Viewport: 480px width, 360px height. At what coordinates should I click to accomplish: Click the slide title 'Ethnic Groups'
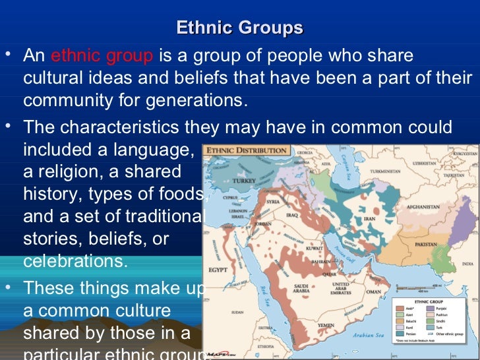click(240, 28)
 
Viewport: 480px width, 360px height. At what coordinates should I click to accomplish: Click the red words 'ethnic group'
click(102, 56)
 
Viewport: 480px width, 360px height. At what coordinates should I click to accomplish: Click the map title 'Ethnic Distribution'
click(247, 150)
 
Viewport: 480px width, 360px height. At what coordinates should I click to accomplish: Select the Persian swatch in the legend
click(400, 334)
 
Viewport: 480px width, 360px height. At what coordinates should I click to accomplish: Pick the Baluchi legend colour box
click(400, 320)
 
